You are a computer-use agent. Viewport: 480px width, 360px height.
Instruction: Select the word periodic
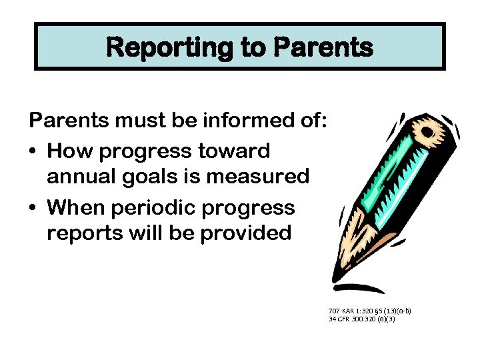(x=159, y=207)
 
